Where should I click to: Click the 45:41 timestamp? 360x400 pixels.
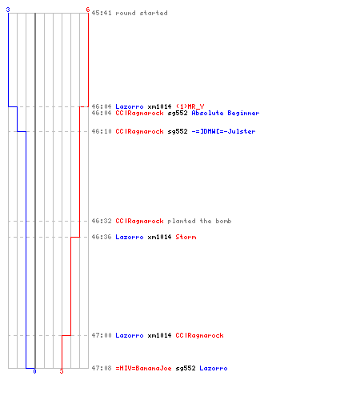(102, 13)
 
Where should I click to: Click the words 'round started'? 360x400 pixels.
(142, 13)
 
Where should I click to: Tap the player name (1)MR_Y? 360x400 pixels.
(190, 106)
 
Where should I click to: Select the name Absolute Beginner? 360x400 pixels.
(226, 113)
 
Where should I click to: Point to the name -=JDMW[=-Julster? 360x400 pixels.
(223, 131)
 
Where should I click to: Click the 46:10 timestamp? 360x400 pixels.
(102, 131)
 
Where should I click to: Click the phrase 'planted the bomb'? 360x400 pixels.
(199, 221)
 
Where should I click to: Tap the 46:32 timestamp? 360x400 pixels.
(102, 221)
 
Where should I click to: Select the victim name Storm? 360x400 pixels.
(186, 237)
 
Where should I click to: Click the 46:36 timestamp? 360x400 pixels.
(102, 237)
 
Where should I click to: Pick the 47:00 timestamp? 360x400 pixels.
(102, 335)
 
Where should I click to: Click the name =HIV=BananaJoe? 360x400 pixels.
(143, 368)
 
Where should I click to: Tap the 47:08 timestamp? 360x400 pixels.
(102, 368)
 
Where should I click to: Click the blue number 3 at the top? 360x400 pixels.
(8, 10)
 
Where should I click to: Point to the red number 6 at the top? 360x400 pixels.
(88, 10)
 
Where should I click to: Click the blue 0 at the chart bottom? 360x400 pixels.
(34, 371)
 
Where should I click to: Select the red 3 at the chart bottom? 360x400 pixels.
(62, 371)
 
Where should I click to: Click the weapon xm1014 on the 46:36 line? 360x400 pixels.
(159, 237)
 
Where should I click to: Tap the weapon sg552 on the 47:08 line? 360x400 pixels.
(186, 368)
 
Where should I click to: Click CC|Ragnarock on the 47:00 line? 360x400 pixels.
(199, 335)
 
